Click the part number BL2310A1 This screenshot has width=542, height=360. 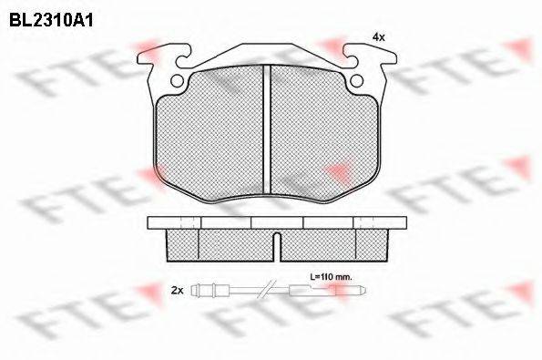pyautogui.click(x=51, y=21)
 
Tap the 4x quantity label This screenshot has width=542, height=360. pyautogui.click(x=379, y=37)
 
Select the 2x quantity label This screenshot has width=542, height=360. pyautogui.click(x=178, y=291)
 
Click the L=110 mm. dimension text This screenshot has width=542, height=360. pyautogui.click(x=331, y=277)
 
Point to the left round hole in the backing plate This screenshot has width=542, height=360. pyautogui.click(x=178, y=81)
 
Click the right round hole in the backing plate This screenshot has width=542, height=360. pyautogui.click(x=357, y=81)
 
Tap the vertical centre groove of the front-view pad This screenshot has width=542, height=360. pyautogui.click(x=267, y=129)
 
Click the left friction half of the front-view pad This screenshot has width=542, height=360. pyautogui.click(x=209, y=133)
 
